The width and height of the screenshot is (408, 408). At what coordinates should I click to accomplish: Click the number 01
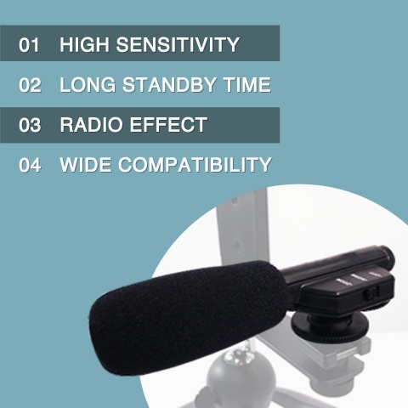tap(29, 45)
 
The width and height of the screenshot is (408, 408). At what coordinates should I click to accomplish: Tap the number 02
tap(30, 85)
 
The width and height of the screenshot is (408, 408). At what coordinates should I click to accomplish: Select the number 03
tap(30, 125)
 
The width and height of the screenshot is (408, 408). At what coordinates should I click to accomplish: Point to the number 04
tap(30, 165)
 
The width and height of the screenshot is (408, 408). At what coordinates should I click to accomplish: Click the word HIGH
tap(84, 44)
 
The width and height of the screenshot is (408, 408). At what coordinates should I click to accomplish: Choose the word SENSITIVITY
tap(178, 44)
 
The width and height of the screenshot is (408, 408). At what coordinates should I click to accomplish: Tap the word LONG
tap(88, 84)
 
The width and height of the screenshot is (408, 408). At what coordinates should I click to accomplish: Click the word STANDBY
tap(169, 84)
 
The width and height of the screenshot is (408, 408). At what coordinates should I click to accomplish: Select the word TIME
tap(247, 84)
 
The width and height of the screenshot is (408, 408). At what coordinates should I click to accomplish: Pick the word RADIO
tap(91, 125)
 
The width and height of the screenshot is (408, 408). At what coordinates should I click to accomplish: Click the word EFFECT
tap(168, 125)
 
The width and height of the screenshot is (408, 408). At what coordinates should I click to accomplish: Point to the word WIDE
tap(85, 165)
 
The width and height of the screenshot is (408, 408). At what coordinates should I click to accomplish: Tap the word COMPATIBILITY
tap(195, 165)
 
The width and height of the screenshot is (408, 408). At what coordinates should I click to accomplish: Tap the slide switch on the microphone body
tap(371, 293)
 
